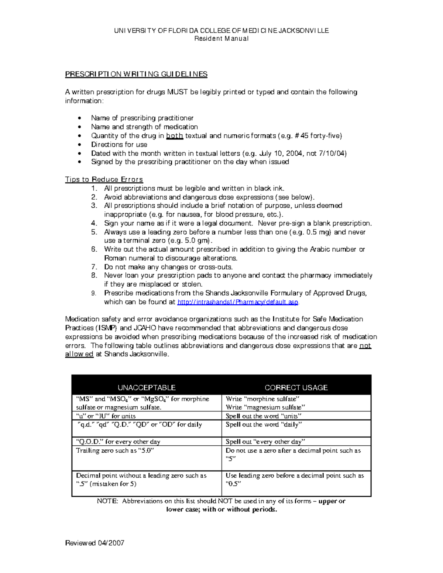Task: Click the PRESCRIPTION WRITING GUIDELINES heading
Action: click(136, 74)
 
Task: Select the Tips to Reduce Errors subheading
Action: click(104, 179)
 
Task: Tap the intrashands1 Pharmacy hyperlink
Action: click(237, 302)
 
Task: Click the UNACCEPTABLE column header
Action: click(147, 387)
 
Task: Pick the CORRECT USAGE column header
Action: click(296, 387)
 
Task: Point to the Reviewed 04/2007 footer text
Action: click(95, 543)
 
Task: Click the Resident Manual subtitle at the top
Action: click(221, 38)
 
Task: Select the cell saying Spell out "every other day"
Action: click(265, 442)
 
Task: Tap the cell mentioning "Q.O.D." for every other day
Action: click(118, 442)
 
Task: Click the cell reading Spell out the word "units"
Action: click(264, 416)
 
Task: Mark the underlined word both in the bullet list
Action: click(175, 136)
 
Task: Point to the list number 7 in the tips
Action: click(94, 267)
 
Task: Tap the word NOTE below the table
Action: click(107, 501)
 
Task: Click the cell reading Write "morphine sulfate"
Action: click(262, 399)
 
